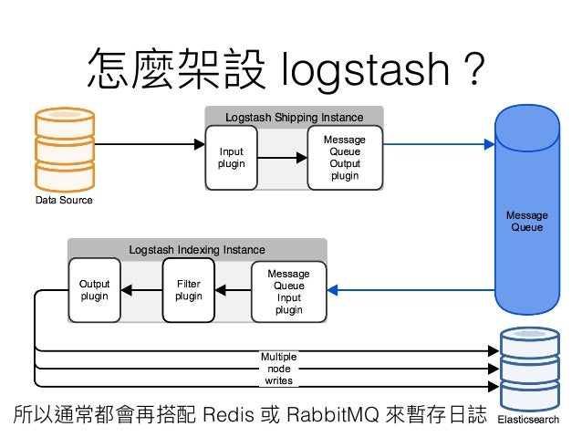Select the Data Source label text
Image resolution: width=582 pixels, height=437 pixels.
point(64,199)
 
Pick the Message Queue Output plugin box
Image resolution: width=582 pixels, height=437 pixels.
point(345,157)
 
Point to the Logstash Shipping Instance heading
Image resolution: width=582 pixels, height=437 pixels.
point(294,117)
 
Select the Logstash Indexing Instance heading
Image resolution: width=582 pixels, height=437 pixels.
point(196,249)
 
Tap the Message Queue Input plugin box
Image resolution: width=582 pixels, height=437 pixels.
point(288,291)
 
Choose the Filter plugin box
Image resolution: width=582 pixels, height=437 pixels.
point(189,290)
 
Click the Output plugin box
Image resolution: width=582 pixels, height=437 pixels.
point(95,290)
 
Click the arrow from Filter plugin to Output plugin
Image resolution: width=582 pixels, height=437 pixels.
point(141,291)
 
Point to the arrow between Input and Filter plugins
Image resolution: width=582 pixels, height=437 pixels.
point(234,291)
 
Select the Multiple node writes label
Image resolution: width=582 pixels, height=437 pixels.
point(278,368)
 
